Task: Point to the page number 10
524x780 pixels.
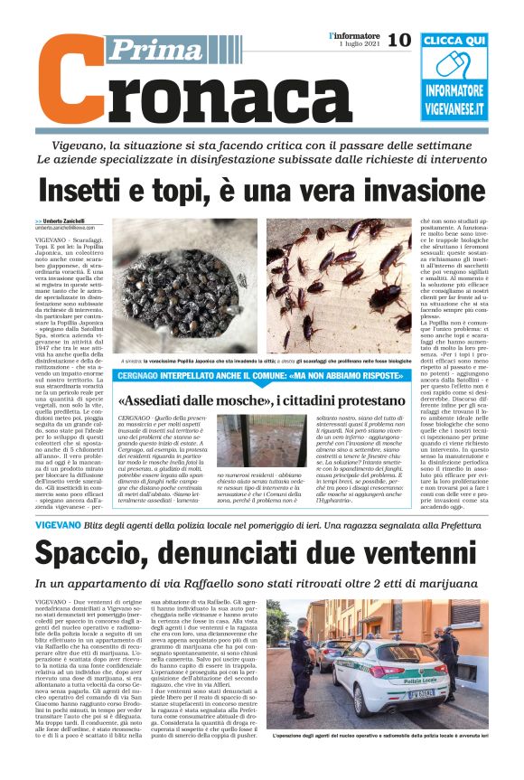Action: [398, 40]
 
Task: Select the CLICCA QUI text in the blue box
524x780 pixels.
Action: [454, 41]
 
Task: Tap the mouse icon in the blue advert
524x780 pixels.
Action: [454, 67]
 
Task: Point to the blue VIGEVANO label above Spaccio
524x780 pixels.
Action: [61, 524]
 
